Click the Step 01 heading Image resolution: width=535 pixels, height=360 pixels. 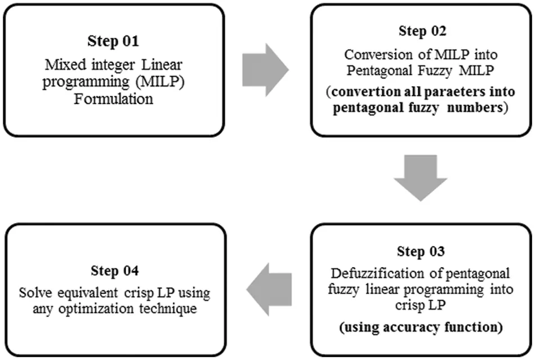tap(113, 41)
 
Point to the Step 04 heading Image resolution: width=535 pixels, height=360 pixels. tap(113, 272)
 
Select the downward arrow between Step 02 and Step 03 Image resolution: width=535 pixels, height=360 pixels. tap(420, 177)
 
